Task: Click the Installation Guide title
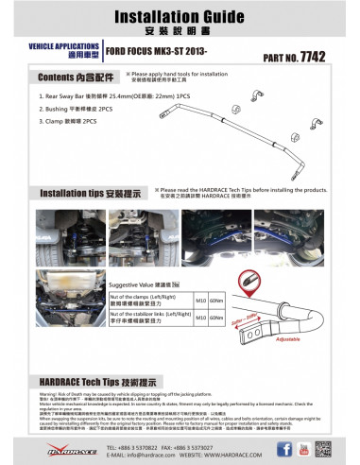point(180,17)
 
